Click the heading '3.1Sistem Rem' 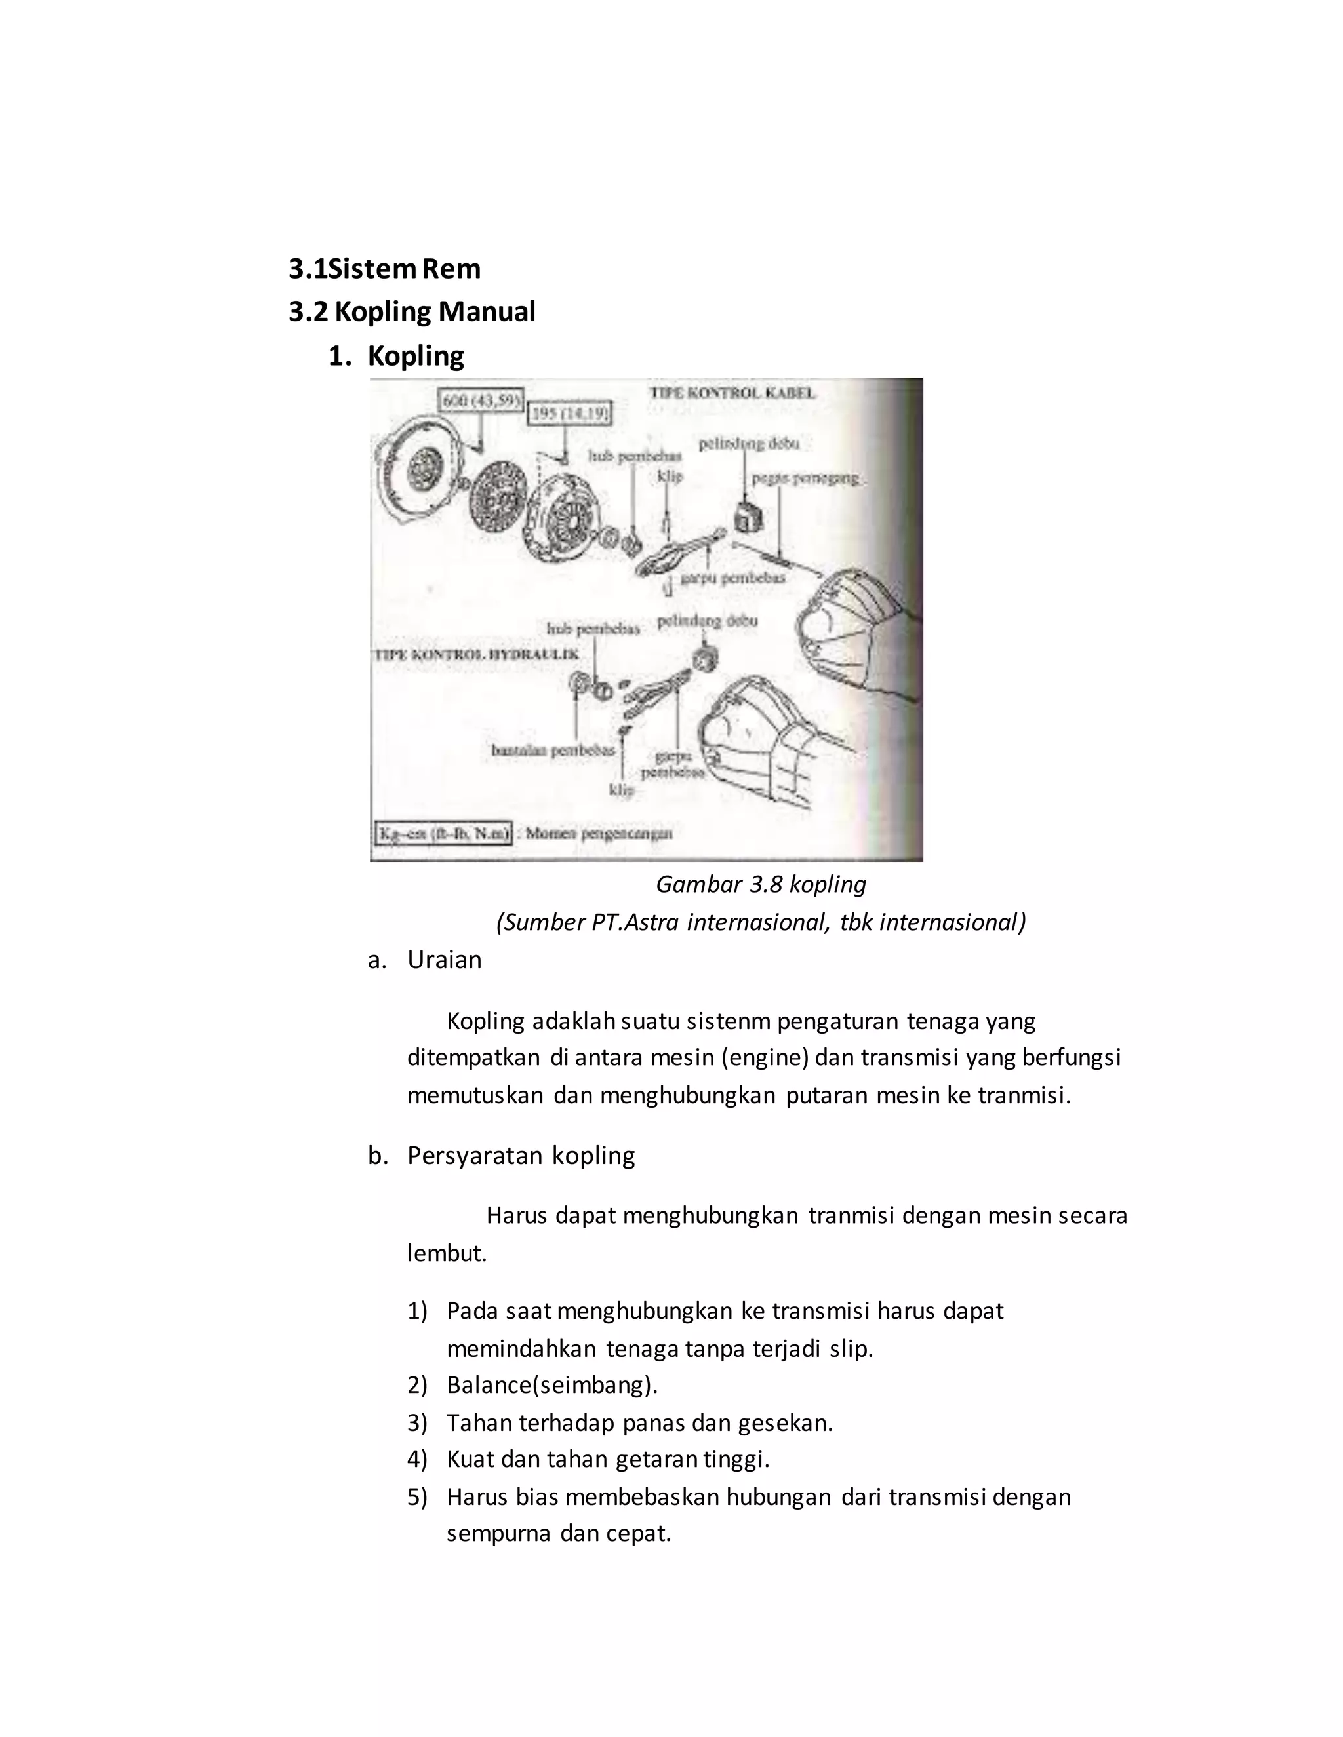384,269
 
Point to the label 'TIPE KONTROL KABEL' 732,393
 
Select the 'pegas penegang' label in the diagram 805,478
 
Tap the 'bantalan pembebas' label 553,750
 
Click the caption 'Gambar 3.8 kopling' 760,884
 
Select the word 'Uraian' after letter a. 444,960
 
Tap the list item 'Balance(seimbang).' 551,1384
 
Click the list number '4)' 417,1460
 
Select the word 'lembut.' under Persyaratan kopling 447,1253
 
